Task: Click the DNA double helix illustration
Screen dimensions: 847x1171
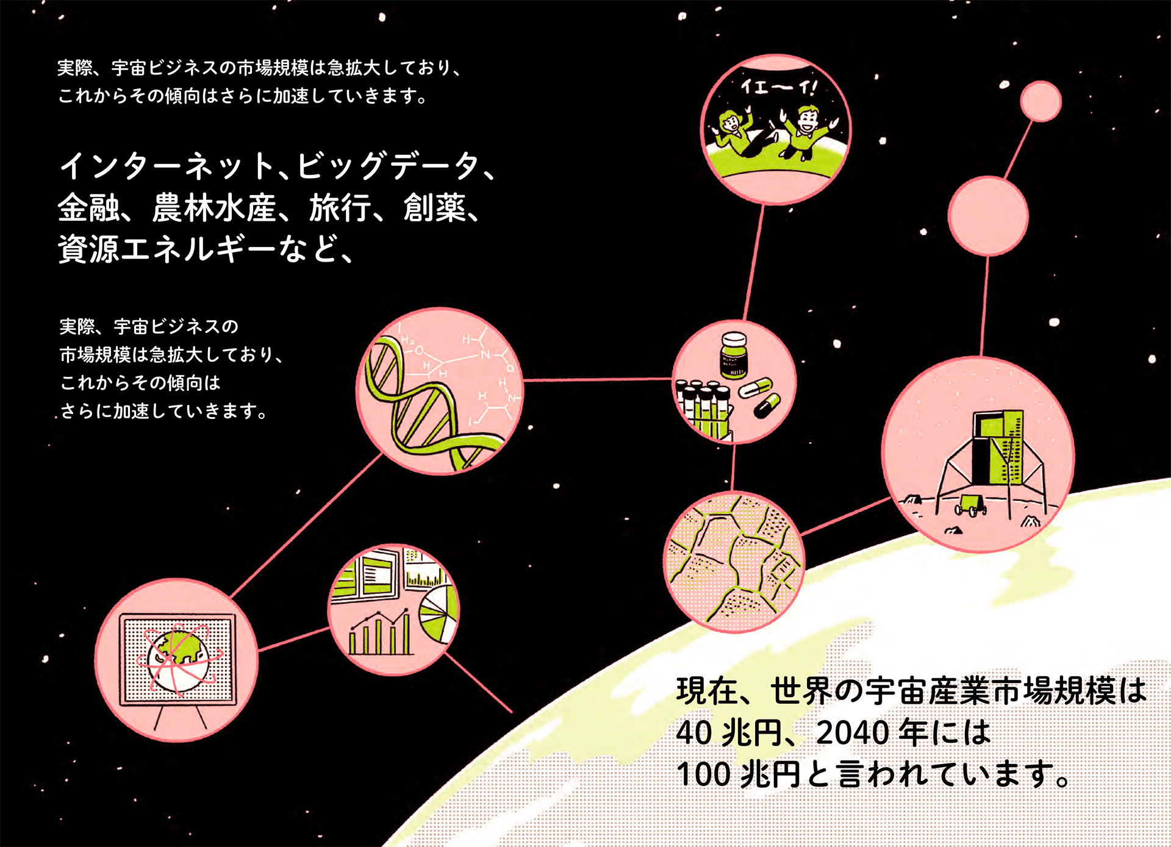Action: point(421,402)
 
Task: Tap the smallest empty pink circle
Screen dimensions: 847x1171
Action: point(1040,101)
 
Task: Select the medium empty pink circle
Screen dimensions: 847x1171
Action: point(987,216)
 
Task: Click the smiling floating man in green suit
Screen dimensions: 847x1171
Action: point(804,131)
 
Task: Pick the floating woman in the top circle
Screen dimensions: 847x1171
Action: point(731,134)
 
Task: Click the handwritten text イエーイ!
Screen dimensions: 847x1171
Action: point(778,87)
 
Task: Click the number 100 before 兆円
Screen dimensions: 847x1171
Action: point(703,774)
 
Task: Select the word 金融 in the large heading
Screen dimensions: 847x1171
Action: point(89,209)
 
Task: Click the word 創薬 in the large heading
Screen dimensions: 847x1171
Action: point(434,209)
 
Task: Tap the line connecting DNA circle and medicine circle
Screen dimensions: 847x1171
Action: point(598,379)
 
